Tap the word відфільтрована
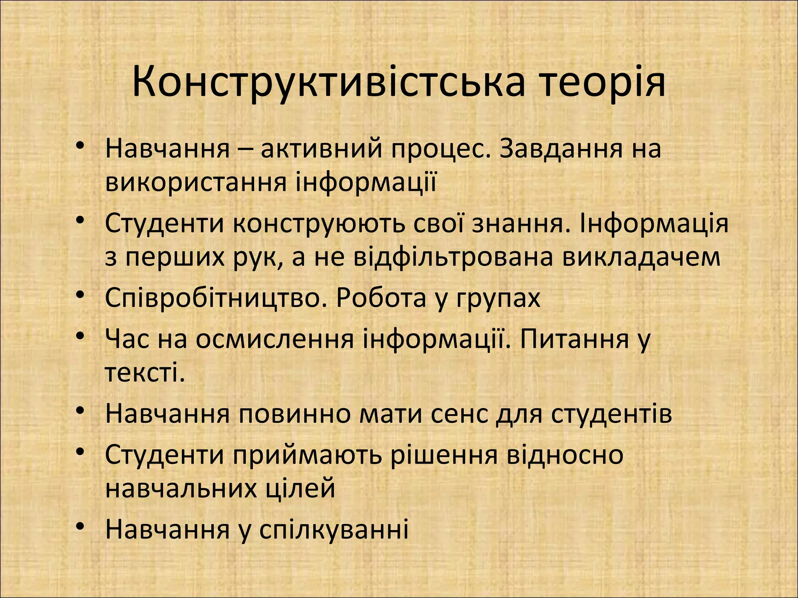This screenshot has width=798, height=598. pyautogui.click(x=453, y=257)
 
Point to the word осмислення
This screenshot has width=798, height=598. pyautogui.click(x=275, y=339)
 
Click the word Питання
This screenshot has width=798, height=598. pyautogui.click(x=575, y=339)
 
